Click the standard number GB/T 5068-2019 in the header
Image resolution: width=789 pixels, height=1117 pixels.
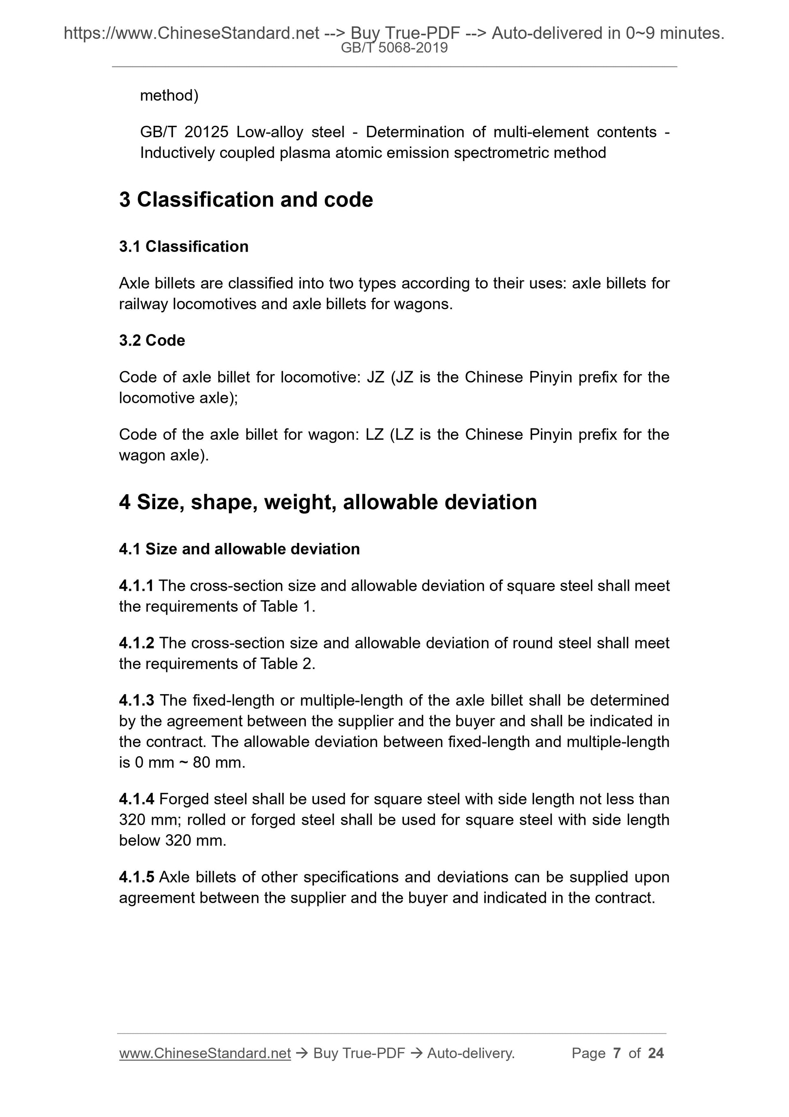point(394,48)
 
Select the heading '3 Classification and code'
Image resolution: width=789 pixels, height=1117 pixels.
point(246,200)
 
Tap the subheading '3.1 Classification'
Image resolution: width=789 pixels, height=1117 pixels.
point(183,247)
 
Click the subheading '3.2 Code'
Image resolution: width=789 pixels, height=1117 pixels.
point(152,340)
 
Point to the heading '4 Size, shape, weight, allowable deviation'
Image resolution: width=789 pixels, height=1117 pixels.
point(328,501)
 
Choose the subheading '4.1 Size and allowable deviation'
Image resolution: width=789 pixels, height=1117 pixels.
point(239,549)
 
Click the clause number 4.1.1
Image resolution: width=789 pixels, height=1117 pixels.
point(136,586)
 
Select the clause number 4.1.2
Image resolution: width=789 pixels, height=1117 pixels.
point(136,643)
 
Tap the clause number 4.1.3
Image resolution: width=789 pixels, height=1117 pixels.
point(136,700)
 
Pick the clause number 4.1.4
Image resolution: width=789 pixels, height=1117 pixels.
point(136,799)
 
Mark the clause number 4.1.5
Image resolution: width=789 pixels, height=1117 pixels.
point(136,877)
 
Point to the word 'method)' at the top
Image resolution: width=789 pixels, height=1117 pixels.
point(169,95)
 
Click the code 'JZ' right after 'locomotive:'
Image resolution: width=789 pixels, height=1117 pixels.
point(375,377)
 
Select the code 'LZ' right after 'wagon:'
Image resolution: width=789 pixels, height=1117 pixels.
point(374,435)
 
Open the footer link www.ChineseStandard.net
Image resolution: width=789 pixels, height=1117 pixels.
point(205,1053)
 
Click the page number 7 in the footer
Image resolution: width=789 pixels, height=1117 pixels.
point(617,1053)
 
